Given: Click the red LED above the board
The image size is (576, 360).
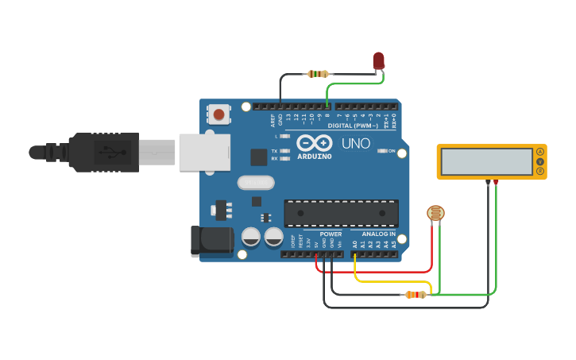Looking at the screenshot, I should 378,60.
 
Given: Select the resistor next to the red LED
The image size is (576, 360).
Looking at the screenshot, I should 318,74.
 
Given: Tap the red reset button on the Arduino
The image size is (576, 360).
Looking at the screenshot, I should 218,114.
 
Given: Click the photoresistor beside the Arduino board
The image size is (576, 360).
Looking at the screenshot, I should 435,212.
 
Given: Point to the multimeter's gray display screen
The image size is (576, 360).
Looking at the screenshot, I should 486,161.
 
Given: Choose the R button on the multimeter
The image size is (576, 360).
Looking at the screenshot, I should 540,171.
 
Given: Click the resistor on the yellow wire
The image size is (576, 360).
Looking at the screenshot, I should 415,295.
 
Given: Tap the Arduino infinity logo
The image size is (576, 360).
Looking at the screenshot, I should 314,143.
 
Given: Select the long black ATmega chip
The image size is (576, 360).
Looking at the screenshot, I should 341,213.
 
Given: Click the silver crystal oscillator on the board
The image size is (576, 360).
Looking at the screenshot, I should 256,183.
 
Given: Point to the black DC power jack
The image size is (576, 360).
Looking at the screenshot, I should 211,241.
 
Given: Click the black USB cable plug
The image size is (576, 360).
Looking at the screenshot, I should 103,151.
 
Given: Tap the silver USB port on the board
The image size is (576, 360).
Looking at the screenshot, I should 204,152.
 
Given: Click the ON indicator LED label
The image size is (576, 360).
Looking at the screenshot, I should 392,150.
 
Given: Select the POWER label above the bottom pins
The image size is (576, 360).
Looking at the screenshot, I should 331,234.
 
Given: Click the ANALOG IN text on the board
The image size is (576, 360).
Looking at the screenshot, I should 379,234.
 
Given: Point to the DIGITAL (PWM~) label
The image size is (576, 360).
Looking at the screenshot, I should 353,126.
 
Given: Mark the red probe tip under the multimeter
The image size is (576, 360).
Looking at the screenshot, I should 497,183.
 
